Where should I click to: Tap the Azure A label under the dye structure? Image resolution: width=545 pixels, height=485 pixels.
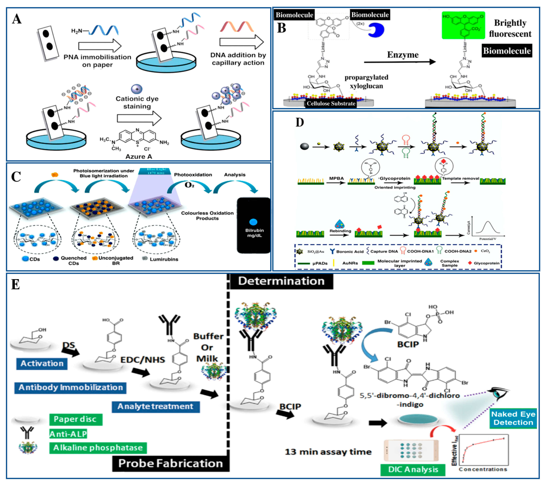(139, 157)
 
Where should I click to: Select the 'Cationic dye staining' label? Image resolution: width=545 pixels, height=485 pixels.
(137, 103)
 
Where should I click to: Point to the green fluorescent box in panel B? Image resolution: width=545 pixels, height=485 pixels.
(463, 25)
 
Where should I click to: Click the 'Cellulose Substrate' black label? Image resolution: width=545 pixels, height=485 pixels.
(331, 103)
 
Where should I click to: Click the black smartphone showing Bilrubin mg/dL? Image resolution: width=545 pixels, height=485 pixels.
(254, 225)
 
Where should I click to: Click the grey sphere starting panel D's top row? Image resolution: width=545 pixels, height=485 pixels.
(305, 146)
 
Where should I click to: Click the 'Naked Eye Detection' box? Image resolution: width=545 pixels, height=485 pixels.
(513, 418)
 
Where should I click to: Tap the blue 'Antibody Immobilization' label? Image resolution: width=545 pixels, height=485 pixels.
(70, 387)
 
